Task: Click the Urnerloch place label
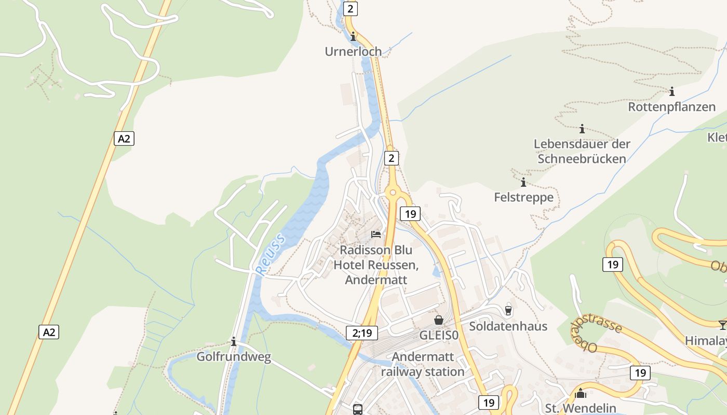(x=353, y=51)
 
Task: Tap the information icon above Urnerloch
(x=354, y=36)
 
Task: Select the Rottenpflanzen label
(x=671, y=107)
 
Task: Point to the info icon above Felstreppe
(x=523, y=182)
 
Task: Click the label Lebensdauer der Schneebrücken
(x=582, y=151)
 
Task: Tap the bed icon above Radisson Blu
(x=376, y=234)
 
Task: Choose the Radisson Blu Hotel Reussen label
(x=376, y=265)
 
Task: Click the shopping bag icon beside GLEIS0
(x=439, y=320)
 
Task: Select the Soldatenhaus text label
(x=508, y=326)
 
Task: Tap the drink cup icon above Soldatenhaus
(x=508, y=310)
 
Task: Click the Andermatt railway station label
(x=423, y=364)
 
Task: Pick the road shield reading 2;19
(x=362, y=333)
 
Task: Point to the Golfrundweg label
(x=234, y=357)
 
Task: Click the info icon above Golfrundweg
(x=234, y=341)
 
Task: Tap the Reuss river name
(x=271, y=254)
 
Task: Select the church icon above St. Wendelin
(x=581, y=393)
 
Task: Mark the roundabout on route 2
(x=393, y=193)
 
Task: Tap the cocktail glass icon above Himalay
(x=722, y=325)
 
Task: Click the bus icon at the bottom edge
(x=358, y=409)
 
